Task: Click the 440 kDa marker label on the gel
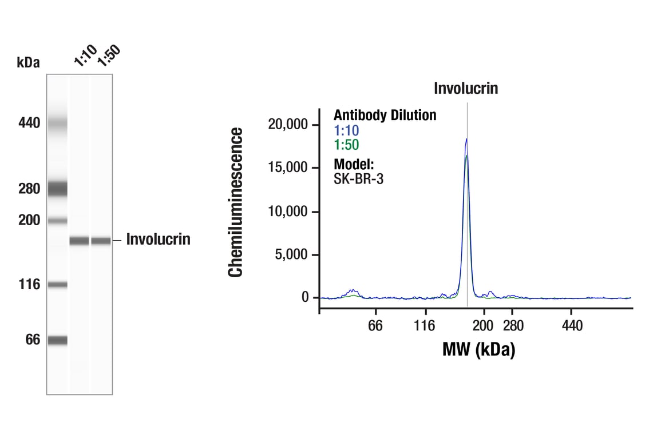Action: pyautogui.click(x=29, y=123)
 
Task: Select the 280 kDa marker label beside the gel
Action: pyautogui.click(x=29, y=189)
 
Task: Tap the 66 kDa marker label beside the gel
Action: pyautogui.click(x=33, y=340)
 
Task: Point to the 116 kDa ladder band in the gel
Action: pyautogui.click(x=57, y=285)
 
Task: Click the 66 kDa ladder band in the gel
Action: pyautogui.click(x=57, y=340)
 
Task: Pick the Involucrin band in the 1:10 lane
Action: pyautogui.click(x=80, y=241)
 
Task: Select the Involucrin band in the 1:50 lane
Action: pyautogui.click(x=101, y=241)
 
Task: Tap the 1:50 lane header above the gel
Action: pyautogui.click(x=108, y=56)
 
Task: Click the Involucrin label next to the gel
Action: pyautogui.click(x=158, y=240)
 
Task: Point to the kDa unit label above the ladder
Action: pyautogui.click(x=29, y=62)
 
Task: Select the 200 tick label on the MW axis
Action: pyautogui.click(x=484, y=326)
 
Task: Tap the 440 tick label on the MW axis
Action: pyautogui.click(x=572, y=326)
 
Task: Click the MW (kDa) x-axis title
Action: pyautogui.click(x=478, y=349)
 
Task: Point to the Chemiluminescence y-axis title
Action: pyautogui.click(x=236, y=202)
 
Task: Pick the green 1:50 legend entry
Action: pyautogui.click(x=346, y=145)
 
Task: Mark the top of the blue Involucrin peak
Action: pyautogui.click(x=467, y=139)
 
